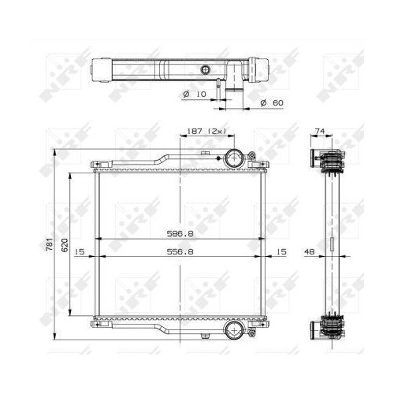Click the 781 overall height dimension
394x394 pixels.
(50, 244)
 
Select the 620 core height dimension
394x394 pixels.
(65, 245)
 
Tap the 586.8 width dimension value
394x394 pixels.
(180, 233)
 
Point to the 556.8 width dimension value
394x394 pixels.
(180, 251)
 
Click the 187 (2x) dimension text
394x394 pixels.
(206, 131)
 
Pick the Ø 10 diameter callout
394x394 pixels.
(195, 94)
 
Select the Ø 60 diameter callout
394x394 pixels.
(272, 102)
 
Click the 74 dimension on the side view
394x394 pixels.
(320, 131)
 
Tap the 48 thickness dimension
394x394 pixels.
(310, 251)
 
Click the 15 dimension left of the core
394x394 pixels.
(80, 251)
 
